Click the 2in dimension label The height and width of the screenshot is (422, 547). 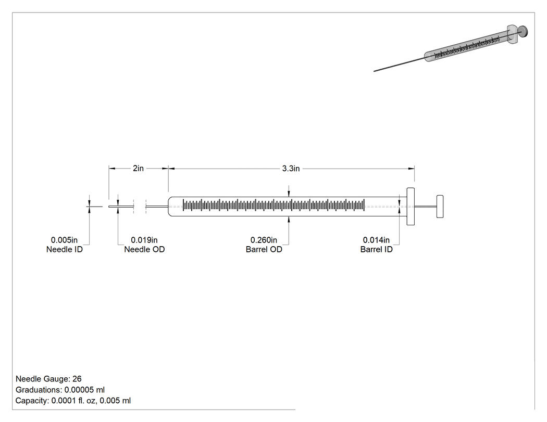pos(138,168)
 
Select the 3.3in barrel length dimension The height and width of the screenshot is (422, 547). pos(291,169)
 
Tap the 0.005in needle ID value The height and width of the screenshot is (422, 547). pos(64,240)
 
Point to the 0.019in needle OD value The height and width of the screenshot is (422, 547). pos(144,240)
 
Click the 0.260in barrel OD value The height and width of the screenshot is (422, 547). pos(264,240)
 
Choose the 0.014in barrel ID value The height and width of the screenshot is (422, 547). pos(376,240)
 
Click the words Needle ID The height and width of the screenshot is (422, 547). pos(65,250)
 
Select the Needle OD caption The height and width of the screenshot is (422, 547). pos(144,250)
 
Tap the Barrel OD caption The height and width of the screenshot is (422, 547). pos(264,250)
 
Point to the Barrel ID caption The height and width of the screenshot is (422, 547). pos(377,250)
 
